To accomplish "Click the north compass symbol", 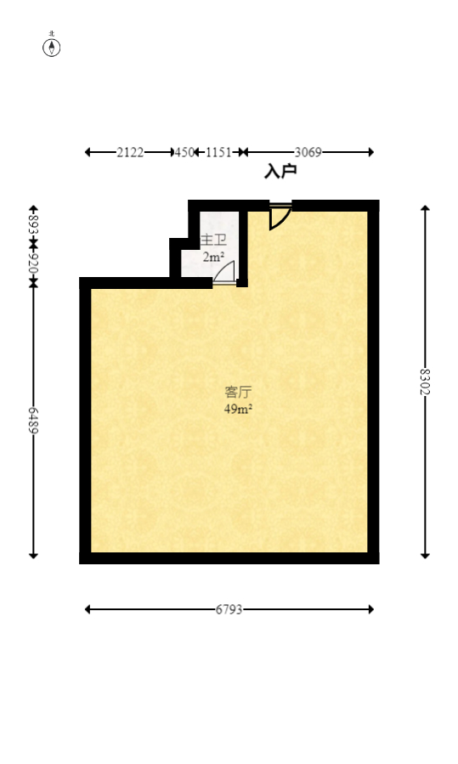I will (x=52, y=47).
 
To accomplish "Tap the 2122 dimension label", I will (x=130, y=152).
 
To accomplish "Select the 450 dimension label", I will (x=184, y=152).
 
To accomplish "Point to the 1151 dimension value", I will (x=218, y=152).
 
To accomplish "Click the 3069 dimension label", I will (x=308, y=152).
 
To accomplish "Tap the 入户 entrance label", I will (x=280, y=172).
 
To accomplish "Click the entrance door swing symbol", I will (x=279, y=216).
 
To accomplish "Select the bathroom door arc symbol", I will (x=224, y=272).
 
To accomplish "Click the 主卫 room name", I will (x=213, y=241).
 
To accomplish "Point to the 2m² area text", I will (x=213, y=256).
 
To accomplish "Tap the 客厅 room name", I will (x=238, y=393).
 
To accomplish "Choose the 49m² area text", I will (x=238, y=408).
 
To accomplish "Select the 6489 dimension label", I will (x=33, y=421).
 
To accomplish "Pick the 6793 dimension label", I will (x=229, y=608).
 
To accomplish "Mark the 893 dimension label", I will (x=33, y=225).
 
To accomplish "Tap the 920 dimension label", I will (x=33, y=262).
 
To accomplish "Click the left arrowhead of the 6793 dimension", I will (x=88, y=608).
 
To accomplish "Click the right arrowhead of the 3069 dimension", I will (x=370, y=152).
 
